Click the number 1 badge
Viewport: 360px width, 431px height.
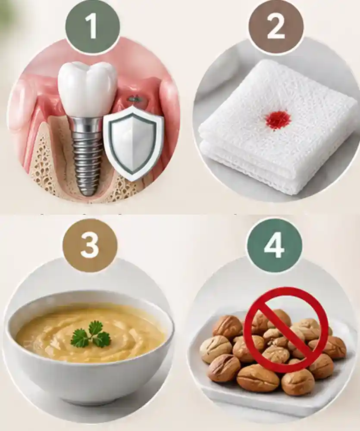coord(93,27)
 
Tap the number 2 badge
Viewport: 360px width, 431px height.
coord(276,27)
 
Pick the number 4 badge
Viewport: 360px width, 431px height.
coord(274,246)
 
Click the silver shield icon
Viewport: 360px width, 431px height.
coord(133,143)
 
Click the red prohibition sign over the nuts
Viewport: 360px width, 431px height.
coord(286,330)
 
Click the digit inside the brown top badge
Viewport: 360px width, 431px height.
coord(276,27)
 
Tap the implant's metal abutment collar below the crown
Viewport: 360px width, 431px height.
coord(87,121)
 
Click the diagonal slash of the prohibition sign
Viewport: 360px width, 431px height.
coord(286,330)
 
